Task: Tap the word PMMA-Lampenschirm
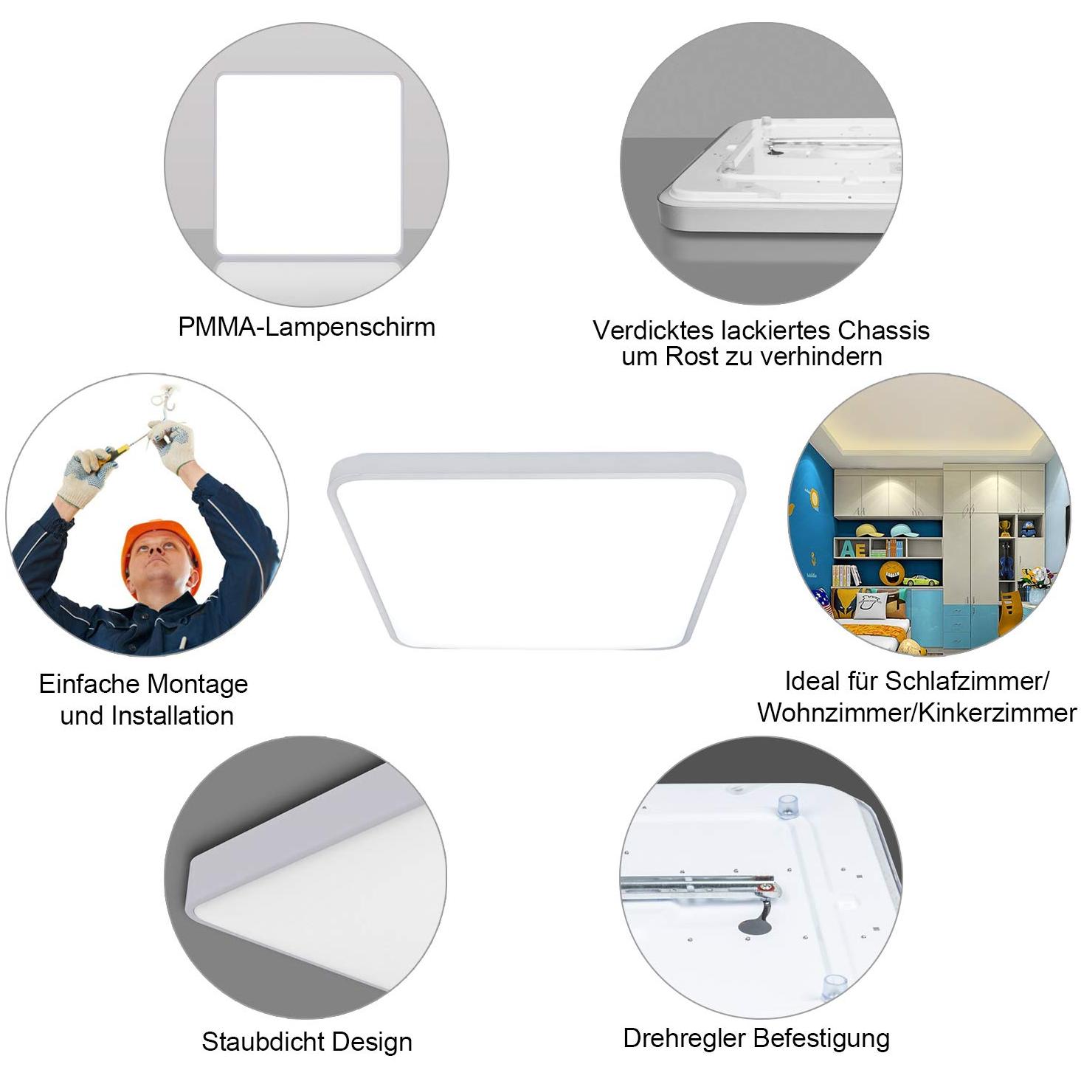pyautogui.click(x=306, y=327)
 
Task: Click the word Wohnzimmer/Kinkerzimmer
pyautogui.click(x=916, y=713)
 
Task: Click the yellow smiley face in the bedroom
pyautogui.click(x=891, y=572)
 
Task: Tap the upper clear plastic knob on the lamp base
pyautogui.click(x=788, y=806)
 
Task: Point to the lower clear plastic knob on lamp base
pyautogui.click(x=833, y=985)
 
